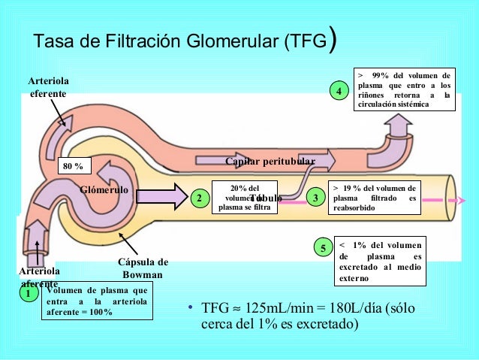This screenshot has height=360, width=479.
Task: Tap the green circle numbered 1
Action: (x=28, y=294)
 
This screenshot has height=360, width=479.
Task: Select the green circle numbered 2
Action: (x=198, y=198)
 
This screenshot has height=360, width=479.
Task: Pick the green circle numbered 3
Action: (x=316, y=198)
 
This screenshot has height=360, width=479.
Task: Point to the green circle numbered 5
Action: (x=322, y=248)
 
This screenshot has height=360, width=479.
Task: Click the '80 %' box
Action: (x=73, y=165)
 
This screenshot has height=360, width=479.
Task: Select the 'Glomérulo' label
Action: (x=104, y=190)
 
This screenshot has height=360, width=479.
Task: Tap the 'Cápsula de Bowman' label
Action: (x=143, y=268)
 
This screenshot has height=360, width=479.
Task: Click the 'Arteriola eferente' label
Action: (x=47, y=86)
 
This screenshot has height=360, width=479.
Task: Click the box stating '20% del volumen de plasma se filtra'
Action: (x=245, y=198)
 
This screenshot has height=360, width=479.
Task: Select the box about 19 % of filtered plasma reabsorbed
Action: (x=375, y=198)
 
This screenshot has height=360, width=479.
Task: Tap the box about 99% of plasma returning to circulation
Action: (x=403, y=90)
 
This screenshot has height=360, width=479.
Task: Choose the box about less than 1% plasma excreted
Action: (x=379, y=262)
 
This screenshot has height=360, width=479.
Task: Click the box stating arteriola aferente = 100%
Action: (x=95, y=301)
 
